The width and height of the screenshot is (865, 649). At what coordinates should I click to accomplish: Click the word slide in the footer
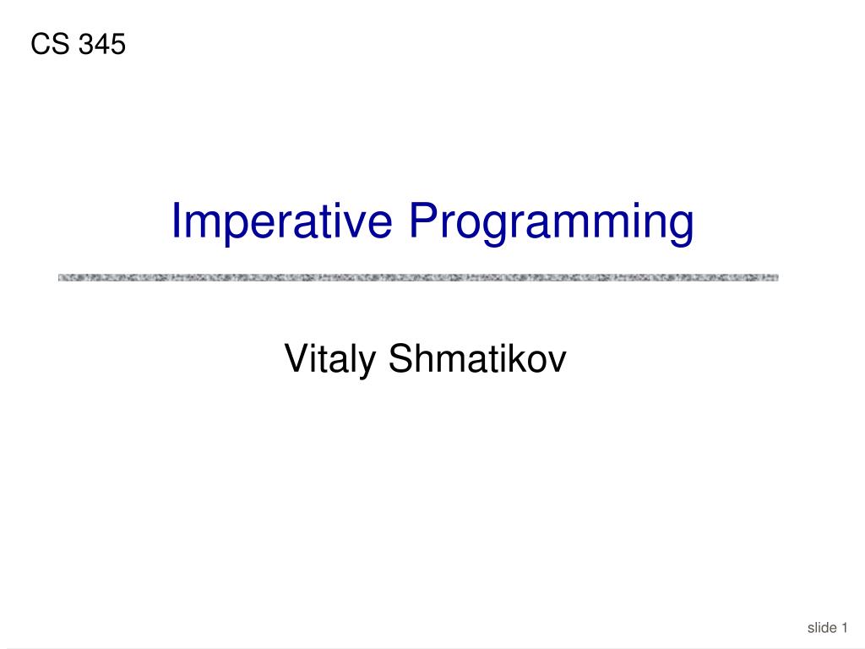click(821, 627)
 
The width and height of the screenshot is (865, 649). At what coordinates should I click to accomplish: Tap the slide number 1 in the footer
click(844, 627)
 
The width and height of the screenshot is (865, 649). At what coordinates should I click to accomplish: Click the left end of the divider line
click(61, 277)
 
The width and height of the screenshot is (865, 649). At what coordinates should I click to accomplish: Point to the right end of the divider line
click(775, 277)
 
